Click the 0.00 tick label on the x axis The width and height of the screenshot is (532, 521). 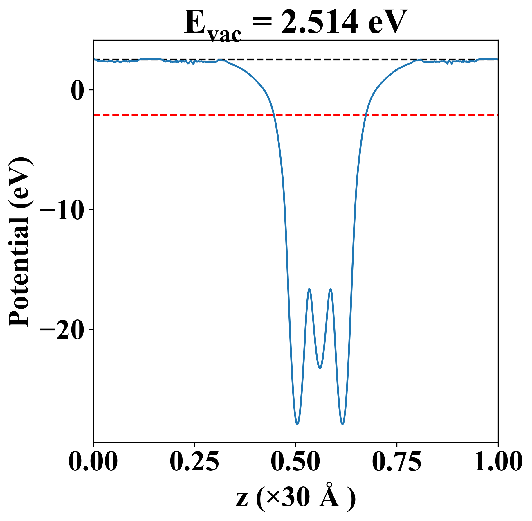(93, 462)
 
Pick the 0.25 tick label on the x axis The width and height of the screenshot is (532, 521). (194, 462)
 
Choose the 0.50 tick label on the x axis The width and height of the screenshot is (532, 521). (295, 462)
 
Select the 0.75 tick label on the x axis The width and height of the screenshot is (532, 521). (396, 462)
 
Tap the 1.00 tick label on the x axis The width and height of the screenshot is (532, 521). (497, 462)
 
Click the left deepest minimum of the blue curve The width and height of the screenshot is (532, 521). (297, 424)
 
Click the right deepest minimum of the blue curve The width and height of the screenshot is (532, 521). (343, 424)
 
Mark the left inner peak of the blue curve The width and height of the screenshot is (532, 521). (309, 289)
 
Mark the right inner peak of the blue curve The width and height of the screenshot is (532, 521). (330, 289)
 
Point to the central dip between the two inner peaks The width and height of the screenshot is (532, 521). (320, 368)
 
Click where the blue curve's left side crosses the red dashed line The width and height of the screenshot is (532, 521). (274, 115)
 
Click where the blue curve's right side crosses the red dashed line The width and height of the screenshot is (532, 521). (367, 115)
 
